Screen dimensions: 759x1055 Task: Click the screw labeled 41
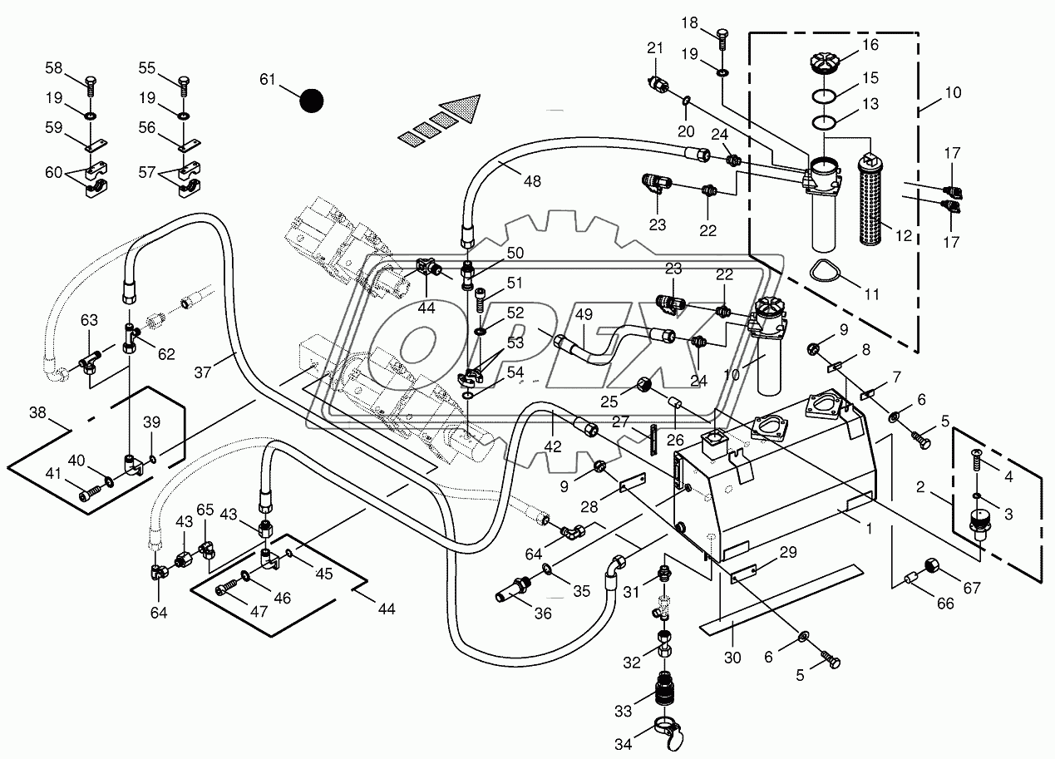point(89,495)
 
